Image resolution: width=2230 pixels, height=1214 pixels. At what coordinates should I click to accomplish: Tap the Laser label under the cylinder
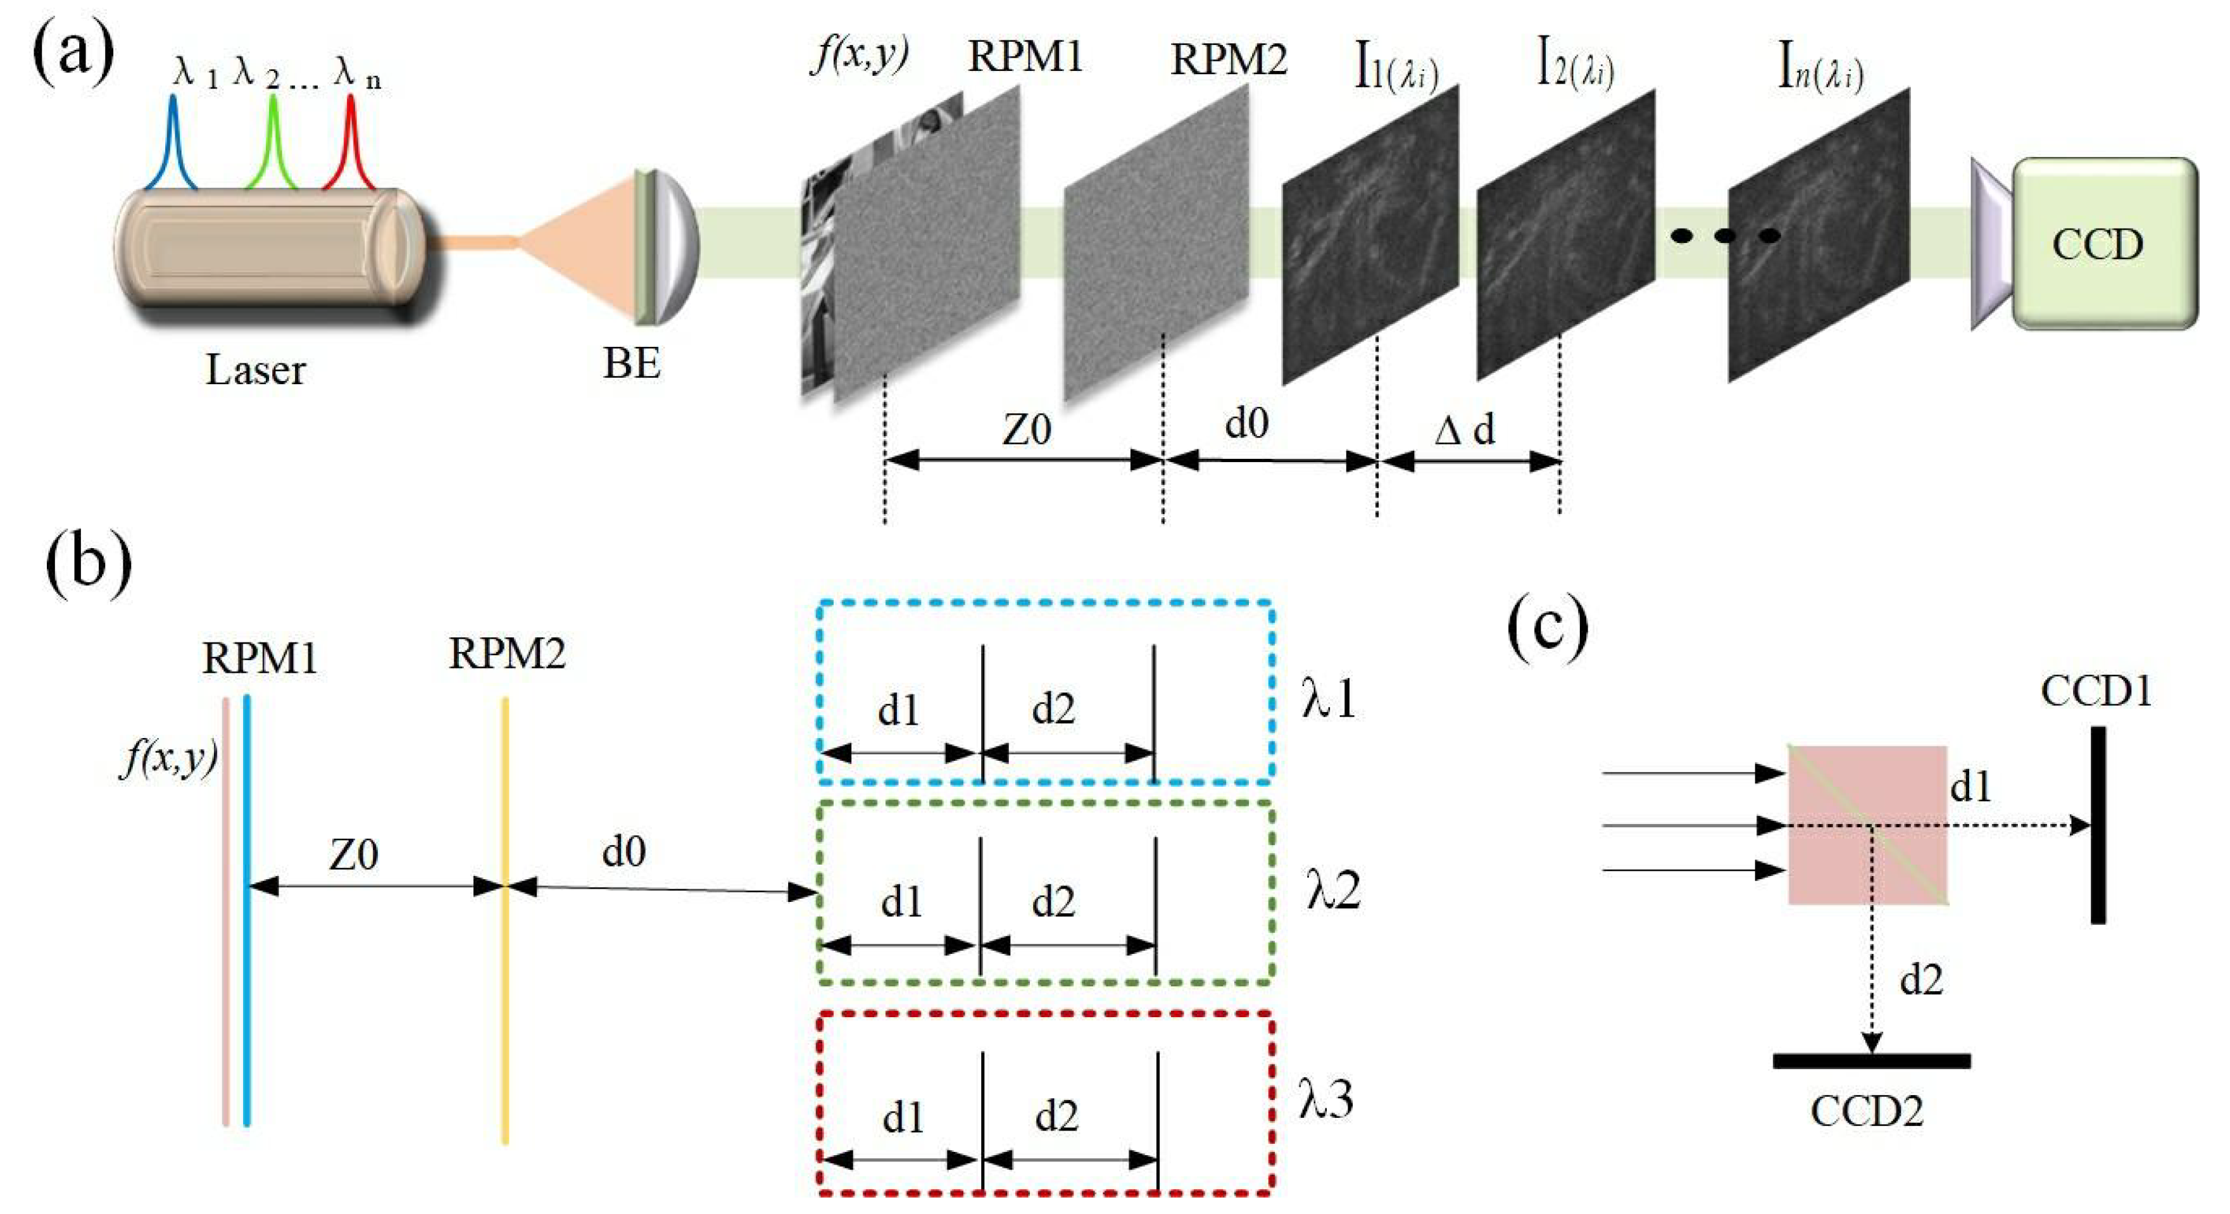(x=255, y=370)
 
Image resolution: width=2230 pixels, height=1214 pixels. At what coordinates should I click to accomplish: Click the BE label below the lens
(x=632, y=363)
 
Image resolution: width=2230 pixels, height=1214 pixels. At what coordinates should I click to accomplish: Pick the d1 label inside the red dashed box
(x=903, y=1118)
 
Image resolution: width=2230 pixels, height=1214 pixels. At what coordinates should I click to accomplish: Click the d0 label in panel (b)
(x=623, y=852)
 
